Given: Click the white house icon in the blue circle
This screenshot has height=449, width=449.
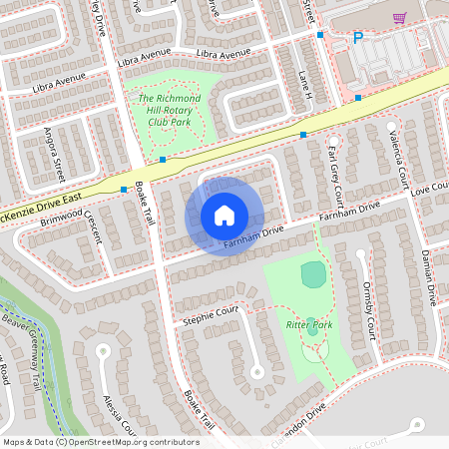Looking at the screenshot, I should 224,215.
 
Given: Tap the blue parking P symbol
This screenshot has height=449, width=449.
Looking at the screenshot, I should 358,39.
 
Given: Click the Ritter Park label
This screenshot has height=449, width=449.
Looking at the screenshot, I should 309,326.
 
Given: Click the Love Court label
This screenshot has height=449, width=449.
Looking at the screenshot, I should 430,187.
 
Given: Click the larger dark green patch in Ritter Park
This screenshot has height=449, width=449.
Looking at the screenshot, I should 313,274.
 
